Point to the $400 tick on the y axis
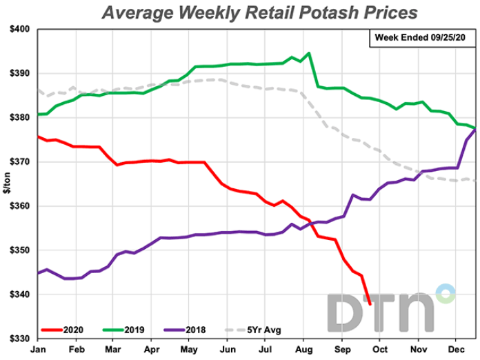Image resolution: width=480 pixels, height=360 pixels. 19,29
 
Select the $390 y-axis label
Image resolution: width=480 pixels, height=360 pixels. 19,73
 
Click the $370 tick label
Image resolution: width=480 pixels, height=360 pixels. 19,161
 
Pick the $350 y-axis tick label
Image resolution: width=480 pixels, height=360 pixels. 19,250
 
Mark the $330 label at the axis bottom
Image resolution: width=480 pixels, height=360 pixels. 19,339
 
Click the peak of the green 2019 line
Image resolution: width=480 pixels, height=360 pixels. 308,53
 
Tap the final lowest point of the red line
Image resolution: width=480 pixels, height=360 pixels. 370,303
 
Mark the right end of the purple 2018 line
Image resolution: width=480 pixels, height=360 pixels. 475,128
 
